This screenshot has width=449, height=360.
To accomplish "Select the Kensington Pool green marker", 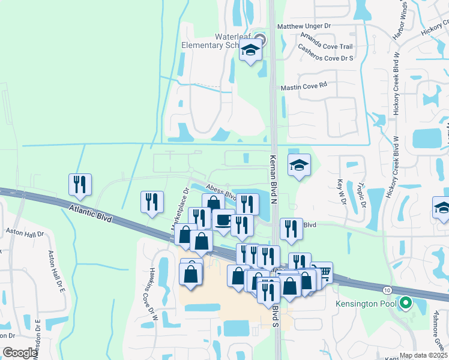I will [406, 304].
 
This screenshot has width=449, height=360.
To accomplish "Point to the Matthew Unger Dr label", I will [304, 26].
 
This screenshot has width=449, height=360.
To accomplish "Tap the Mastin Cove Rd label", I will [304, 86].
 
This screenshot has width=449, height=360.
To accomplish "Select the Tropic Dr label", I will [361, 196].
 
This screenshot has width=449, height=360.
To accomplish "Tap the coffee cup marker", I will [223, 220].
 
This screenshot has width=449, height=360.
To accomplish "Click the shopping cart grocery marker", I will [322, 273].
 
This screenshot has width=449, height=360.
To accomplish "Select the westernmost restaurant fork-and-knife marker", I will [80, 185].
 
